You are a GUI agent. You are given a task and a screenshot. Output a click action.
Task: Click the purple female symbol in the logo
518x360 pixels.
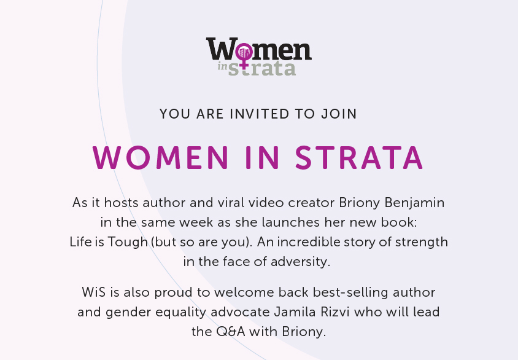point(244,55)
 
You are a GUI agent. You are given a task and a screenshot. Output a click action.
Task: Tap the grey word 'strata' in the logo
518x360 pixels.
point(261,68)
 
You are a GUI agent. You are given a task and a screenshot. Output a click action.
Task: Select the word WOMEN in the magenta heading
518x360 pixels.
point(161,158)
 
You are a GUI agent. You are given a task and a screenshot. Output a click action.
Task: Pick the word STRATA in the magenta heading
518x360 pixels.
point(359,158)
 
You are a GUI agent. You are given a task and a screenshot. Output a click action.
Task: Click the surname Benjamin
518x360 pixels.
point(415,203)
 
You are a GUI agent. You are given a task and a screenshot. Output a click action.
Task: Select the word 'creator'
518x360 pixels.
point(312,203)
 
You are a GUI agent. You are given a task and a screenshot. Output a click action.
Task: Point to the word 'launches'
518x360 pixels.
point(291,222)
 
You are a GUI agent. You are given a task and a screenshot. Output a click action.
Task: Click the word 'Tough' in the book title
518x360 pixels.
point(128,242)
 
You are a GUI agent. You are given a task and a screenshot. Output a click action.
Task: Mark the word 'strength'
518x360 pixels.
point(422,242)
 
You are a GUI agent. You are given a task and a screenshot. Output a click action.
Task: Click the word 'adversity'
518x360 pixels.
point(300,262)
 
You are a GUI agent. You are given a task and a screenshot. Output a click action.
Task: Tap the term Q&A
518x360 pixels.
point(231,332)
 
